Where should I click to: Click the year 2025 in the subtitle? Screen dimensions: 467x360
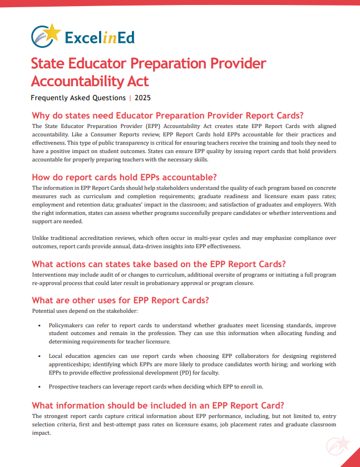(x=142, y=98)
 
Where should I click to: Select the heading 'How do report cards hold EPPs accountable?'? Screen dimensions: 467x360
(x=124, y=178)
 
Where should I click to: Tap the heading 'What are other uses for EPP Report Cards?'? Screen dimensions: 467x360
(x=120, y=300)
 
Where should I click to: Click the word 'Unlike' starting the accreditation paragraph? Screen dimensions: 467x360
(x=41, y=238)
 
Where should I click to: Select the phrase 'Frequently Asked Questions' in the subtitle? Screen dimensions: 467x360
(x=78, y=98)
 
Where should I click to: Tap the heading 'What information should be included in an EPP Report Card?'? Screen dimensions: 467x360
(x=158, y=405)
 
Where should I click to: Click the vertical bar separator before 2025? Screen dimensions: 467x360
(x=130, y=98)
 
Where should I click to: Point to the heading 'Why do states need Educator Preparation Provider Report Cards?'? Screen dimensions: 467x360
(x=167, y=116)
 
